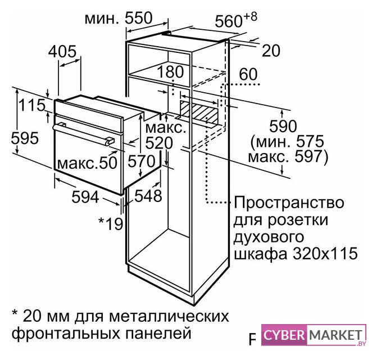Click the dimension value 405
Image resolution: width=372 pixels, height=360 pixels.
62,51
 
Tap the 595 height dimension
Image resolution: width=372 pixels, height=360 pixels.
25,138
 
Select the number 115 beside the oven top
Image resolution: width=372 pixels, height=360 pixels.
32,105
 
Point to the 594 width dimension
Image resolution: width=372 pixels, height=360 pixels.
85,197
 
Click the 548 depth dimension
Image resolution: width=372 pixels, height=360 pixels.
148,196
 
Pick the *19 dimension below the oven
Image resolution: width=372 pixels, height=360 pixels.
111,223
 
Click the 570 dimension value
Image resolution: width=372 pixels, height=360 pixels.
142,161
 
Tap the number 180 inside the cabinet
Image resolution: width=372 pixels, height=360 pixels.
170,71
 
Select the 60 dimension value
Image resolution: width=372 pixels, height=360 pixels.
248,74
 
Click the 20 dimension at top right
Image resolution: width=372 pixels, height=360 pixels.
271,51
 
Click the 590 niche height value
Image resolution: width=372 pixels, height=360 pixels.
283,126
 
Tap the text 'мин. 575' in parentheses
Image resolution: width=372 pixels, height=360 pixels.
288,142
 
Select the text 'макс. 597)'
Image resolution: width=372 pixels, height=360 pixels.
288,157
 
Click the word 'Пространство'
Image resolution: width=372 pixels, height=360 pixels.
289,203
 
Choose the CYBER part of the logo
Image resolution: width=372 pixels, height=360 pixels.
284,335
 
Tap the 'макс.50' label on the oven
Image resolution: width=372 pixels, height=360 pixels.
88,163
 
